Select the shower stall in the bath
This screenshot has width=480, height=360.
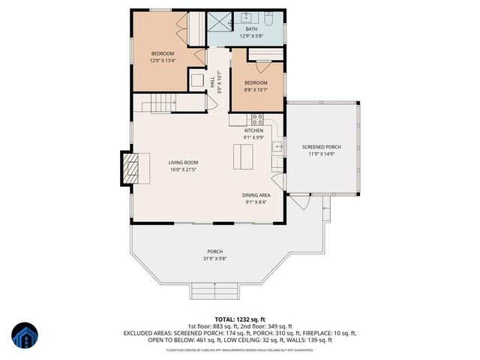click(219, 22)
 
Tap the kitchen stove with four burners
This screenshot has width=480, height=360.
click(257, 118)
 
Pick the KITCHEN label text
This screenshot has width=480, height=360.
click(253, 130)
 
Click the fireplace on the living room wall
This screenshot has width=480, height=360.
click(129, 169)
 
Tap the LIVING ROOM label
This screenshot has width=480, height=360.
click(182, 162)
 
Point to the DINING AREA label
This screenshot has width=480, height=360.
click(256, 194)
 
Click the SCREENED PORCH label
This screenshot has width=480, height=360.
click(321, 146)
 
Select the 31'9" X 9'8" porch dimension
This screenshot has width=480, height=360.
click(215, 259)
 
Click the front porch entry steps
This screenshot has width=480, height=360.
click(214, 291)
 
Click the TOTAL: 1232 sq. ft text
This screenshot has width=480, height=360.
click(239, 318)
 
